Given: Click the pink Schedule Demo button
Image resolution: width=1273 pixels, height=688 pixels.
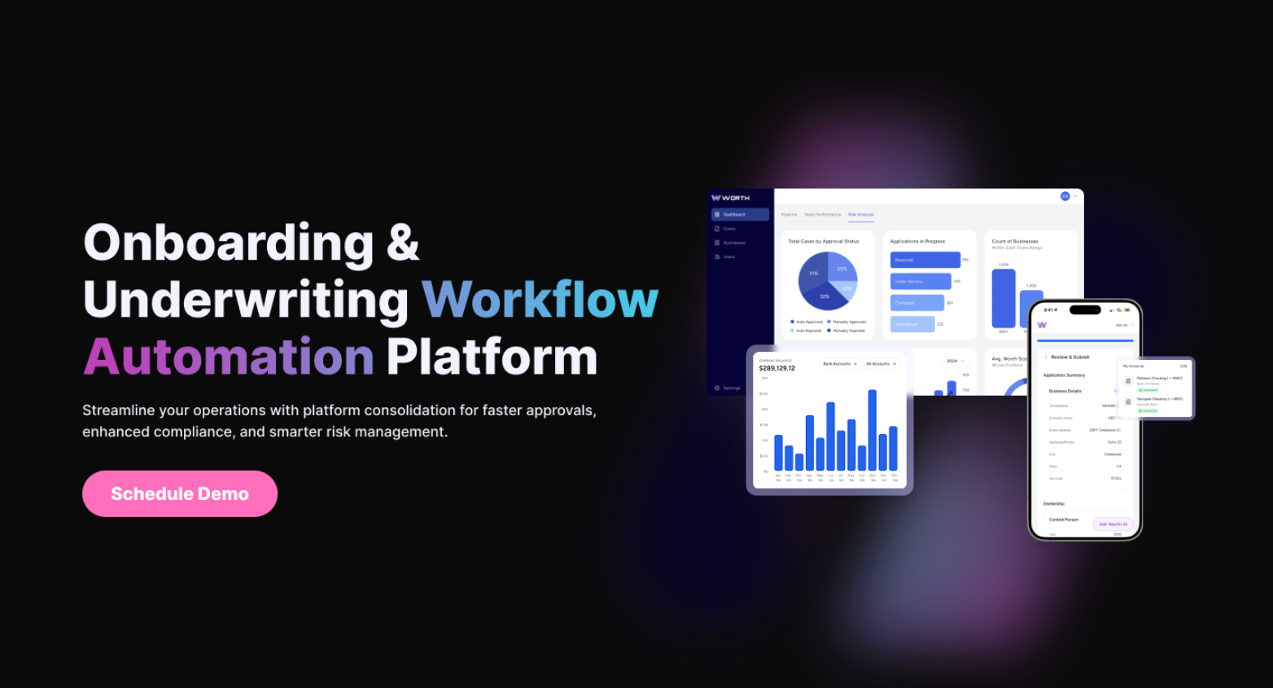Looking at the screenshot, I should coord(180,493).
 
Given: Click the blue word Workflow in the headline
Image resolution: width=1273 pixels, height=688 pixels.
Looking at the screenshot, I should coord(540,300).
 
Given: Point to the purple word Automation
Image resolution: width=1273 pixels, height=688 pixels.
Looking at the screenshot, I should coord(229,357).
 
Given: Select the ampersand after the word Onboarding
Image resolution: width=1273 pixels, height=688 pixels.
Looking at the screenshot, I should coord(403,243).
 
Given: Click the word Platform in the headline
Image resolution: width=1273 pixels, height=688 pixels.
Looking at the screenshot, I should coord(492,357).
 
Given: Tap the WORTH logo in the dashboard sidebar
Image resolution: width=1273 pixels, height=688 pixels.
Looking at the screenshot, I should coord(731,198).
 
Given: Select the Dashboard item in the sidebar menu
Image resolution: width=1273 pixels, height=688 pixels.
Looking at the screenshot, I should coord(739,214).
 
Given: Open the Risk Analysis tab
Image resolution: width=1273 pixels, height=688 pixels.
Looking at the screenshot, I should coord(860,215).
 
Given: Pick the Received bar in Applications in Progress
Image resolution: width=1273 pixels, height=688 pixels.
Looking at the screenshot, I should coord(925,260).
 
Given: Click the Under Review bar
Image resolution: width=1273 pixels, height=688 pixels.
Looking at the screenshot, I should coord(921,281).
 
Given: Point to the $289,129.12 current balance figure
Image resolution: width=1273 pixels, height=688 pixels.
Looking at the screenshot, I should coord(776,368).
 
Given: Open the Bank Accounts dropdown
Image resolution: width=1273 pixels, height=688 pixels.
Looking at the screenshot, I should coord(839,364).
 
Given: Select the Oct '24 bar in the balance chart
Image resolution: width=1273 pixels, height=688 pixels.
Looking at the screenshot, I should coord(873,430).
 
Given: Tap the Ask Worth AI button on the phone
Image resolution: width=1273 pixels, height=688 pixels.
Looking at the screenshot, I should coord(1113,524).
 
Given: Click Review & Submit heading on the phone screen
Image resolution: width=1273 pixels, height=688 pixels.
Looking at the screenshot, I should coord(1070,357).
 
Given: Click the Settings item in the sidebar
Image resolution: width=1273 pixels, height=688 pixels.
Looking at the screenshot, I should coord(730,388).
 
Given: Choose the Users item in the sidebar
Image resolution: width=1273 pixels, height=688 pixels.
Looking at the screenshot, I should coord(728,256).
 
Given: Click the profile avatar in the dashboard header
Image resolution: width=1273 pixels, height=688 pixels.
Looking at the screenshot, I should coord(1065,196).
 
